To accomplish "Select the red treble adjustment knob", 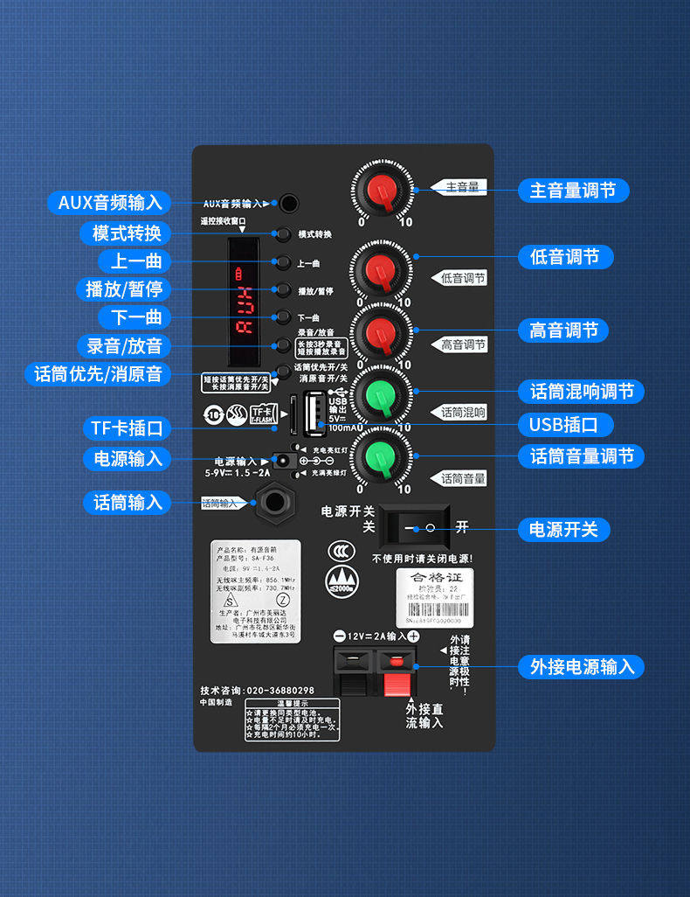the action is pos(381,333).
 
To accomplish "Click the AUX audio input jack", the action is pos(288,204).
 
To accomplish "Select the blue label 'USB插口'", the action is pos(565,425).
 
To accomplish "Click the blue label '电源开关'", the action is pos(563,529).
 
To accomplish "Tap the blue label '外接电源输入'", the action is pos(582,666).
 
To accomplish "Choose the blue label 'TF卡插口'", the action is pos(128,428).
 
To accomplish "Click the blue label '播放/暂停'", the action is pos(123,289).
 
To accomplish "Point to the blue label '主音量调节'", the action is pos(573,191).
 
